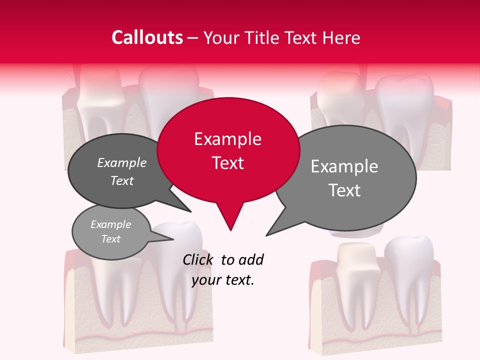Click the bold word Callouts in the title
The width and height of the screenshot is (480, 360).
147,37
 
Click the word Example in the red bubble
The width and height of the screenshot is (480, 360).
227,139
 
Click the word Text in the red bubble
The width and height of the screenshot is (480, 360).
227,162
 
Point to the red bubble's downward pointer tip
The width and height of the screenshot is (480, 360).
230,229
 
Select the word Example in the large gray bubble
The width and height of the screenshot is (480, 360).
344,166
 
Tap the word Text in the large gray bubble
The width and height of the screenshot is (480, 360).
344,190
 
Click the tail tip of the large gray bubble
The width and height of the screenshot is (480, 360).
267,234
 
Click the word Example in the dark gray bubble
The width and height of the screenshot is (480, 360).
121,162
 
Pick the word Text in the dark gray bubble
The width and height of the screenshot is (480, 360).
121,180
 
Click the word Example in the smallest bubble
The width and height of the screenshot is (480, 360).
110,224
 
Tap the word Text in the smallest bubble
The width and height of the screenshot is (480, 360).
110,239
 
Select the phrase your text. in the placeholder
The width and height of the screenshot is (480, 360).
223,280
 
